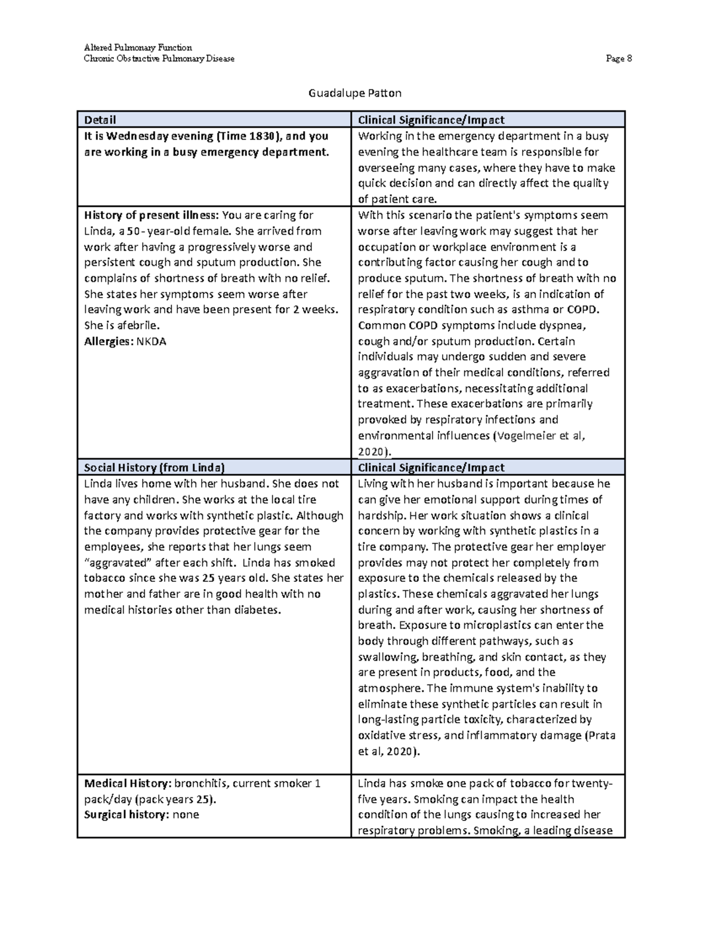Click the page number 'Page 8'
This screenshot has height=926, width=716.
pos(619,58)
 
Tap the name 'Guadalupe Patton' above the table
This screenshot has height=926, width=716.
pos(354,93)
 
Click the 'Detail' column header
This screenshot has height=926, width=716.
pos(100,120)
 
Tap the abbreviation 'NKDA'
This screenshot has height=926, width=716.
pos(152,342)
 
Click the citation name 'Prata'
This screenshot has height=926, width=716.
pos(601,736)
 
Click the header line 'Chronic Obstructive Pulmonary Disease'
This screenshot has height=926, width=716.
pos(159,58)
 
